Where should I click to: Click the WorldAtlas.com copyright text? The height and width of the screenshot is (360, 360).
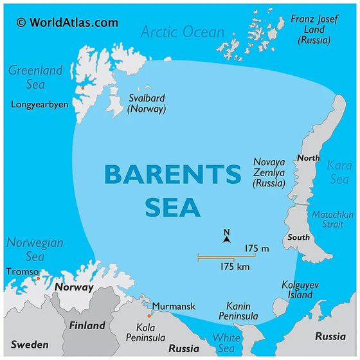point(67,22)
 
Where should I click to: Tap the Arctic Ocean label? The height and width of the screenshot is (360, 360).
point(183,32)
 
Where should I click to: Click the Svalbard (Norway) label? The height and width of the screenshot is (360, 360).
point(146,104)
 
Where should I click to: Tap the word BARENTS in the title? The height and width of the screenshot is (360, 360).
point(172,174)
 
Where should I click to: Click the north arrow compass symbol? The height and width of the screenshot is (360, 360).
point(226,236)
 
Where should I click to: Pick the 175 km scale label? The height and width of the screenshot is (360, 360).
point(235,266)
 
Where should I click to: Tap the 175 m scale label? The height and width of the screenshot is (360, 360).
point(256,248)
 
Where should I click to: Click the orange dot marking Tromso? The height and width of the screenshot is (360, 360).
point(39,278)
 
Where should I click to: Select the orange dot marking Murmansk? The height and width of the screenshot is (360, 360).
point(149,316)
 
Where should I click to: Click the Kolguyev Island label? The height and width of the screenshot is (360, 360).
point(301,289)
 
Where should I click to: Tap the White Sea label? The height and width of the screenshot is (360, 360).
point(226,343)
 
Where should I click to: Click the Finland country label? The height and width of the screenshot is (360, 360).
point(87,325)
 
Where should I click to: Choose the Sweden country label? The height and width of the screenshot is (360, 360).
point(29,345)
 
